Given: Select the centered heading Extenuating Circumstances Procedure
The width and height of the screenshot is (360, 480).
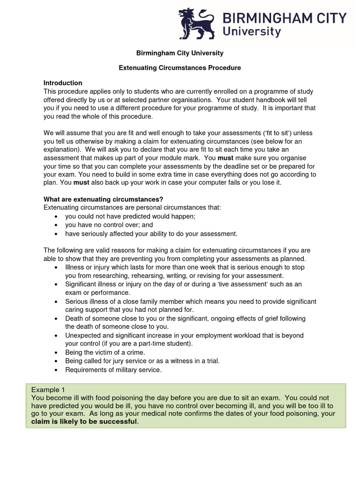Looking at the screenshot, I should pyautogui.click(x=180, y=68).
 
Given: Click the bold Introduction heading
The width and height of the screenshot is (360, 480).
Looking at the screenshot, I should pyautogui.click(x=63, y=83).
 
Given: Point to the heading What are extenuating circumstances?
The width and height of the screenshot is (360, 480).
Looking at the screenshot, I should pyautogui.click(x=103, y=199).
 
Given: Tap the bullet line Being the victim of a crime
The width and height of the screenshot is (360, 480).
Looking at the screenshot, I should pyautogui.click(x=105, y=352).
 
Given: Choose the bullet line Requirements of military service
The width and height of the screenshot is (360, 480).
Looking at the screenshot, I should pyautogui.click(x=113, y=369).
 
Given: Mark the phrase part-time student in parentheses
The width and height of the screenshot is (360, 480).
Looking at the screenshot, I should pyautogui.click(x=165, y=343).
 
